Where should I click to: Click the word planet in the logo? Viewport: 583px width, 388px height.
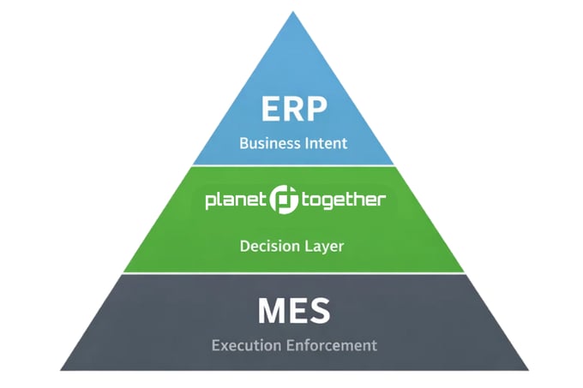pyautogui.click(x=236, y=200)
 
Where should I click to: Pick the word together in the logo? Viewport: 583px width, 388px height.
pyautogui.click(x=342, y=200)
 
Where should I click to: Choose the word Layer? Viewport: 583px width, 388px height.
pyautogui.click(x=326, y=247)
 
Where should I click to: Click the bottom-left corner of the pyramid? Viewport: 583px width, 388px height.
pyautogui.click(x=61, y=370)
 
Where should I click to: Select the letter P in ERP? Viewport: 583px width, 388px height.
pyautogui.click(x=316, y=110)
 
